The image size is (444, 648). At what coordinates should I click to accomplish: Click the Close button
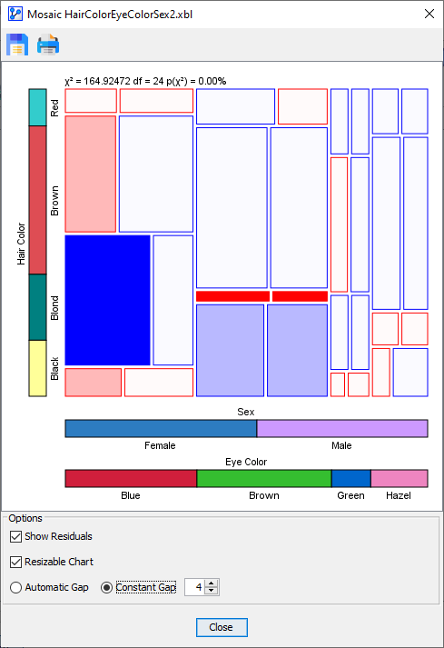click(x=221, y=627)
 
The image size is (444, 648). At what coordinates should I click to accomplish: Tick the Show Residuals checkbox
click(x=15, y=536)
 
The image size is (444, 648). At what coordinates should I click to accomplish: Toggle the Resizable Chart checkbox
click(x=15, y=562)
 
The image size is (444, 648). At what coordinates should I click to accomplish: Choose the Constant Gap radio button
click(x=107, y=587)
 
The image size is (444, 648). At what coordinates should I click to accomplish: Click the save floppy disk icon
click(x=17, y=44)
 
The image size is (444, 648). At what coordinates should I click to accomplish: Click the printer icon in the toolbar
click(x=48, y=44)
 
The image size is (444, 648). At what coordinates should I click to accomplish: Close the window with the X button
click(x=429, y=13)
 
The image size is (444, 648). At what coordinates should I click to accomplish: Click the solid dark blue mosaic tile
click(x=107, y=300)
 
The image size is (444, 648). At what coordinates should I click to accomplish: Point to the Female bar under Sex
click(x=161, y=428)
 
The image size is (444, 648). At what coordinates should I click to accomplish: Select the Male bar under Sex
click(x=342, y=428)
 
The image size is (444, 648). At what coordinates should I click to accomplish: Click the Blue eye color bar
click(x=131, y=478)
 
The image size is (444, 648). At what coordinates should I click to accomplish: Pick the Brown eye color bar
click(x=263, y=478)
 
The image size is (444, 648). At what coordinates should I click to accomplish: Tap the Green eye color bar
click(x=350, y=478)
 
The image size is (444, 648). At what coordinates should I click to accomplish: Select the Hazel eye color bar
click(x=399, y=478)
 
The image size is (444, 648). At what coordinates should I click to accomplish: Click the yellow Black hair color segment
click(x=37, y=368)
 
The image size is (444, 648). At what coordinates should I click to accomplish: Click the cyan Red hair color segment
click(x=37, y=107)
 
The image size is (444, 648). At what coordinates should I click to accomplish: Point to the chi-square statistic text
click(x=145, y=81)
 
